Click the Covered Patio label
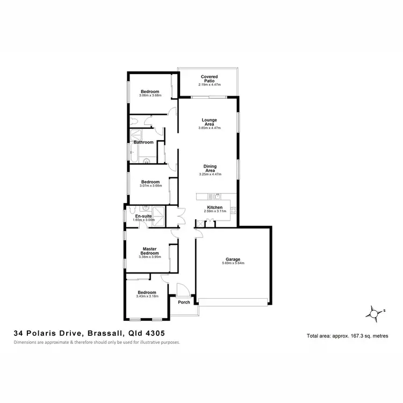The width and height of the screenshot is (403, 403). (208, 78)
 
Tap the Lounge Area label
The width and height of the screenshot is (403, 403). (208, 121)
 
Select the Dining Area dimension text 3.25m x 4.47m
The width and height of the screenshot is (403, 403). (210, 174)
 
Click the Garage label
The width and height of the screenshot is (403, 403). (233, 259)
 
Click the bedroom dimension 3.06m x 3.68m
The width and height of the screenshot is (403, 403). (150, 96)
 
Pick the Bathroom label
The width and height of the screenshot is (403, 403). (143, 142)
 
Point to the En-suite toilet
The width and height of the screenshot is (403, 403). (144, 208)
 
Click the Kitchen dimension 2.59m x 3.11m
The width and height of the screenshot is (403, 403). (215, 211)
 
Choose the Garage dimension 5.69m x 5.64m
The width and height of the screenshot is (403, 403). (233, 263)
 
